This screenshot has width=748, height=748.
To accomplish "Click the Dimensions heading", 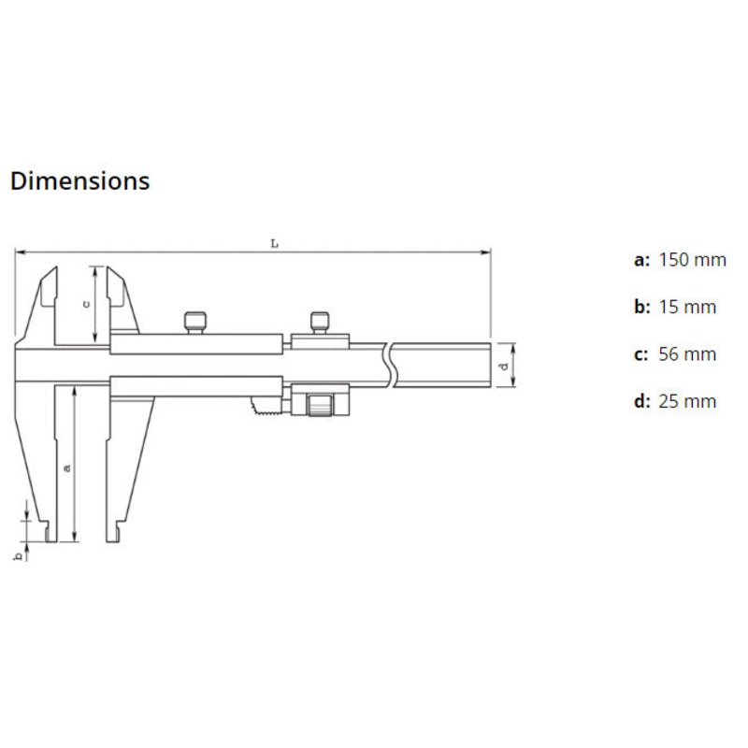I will pyautogui.click(x=79, y=180).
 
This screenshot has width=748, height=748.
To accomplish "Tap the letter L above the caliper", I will pyautogui.click(x=274, y=243).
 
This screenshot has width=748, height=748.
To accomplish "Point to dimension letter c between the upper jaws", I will pyautogui.click(x=87, y=303).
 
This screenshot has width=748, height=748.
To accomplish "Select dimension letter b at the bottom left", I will pyautogui.click(x=17, y=556).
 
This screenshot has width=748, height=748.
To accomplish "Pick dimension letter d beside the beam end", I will pyautogui.click(x=504, y=367).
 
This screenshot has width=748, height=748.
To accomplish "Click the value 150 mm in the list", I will pyautogui.click(x=692, y=259).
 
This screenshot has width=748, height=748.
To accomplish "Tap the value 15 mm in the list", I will pyautogui.click(x=687, y=307).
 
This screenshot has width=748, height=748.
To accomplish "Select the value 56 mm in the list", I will pyautogui.click(x=687, y=354).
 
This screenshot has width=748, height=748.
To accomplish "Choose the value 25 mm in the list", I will pyautogui.click(x=687, y=402).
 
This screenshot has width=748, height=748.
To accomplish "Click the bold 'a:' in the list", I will pyautogui.click(x=641, y=259).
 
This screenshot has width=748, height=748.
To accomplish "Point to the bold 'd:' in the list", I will pyautogui.click(x=641, y=402).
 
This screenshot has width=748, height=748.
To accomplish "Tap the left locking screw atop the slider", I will pyautogui.click(x=195, y=322).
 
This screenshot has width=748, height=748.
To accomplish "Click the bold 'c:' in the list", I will pyautogui.click(x=641, y=354).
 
